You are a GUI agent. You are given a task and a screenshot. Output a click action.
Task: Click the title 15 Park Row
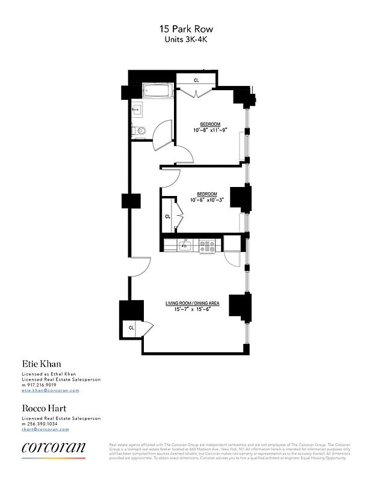click(186, 29)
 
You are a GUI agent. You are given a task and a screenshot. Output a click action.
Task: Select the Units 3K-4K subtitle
click(186, 39)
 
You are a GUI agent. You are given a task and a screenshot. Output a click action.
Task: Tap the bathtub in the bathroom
click(158, 92)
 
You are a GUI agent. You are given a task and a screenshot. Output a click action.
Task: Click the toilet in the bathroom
click(140, 130)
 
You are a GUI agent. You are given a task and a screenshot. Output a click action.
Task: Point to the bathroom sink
click(137, 109)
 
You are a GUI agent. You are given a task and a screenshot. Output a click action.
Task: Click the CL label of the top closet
click(196, 80)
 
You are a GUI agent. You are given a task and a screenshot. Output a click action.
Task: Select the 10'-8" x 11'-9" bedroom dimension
click(210, 130)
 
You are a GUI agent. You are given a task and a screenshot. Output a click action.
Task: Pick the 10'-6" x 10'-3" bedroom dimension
click(206, 200)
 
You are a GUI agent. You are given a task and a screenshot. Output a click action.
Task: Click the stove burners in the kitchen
click(208, 245)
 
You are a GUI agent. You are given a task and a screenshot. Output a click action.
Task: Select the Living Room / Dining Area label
click(193, 303)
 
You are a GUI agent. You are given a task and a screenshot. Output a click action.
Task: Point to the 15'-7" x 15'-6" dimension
click(193, 310)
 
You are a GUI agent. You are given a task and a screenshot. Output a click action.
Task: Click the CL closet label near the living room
click(131, 328)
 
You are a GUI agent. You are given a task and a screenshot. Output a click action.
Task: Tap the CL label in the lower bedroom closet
click(168, 216)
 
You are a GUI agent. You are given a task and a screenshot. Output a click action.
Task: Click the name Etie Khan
click(42, 364)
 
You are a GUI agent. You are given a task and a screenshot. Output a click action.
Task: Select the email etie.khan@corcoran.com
click(50, 390)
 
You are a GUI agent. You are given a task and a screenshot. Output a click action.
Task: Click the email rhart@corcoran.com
click(45, 429)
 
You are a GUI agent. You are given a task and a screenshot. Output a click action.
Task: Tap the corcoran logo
click(53, 447)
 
